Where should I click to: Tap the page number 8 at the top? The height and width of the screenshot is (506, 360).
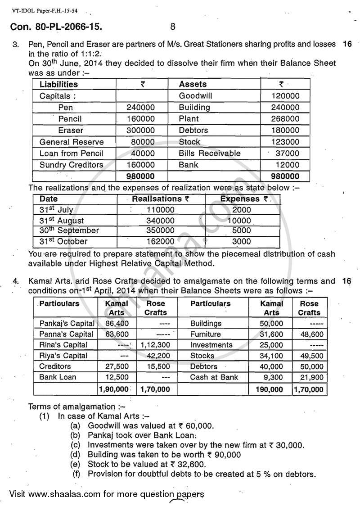pyautogui.click(x=173, y=27)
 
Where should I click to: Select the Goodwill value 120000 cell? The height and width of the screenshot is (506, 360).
pyautogui.click(x=285, y=96)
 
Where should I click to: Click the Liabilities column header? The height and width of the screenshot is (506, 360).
pyautogui.click(x=58, y=84)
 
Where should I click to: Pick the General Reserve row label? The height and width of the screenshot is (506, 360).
pyautogui.click(x=71, y=142)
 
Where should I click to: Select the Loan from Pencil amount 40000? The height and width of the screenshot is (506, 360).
pyautogui.click(x=144, y=153)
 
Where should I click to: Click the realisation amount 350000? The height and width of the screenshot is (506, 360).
pyautogui.click(x=161, y=230)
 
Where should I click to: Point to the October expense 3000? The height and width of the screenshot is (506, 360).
pyautogui.click(x=242, y=241)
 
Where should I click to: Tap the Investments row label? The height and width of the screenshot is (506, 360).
pyautogui.click(x=211, y=345)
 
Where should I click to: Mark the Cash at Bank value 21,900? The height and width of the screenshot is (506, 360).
pyautogui.click(x=310, y=377)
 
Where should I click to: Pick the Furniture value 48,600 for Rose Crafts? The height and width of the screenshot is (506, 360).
pyautogui.click(x=310, y=334)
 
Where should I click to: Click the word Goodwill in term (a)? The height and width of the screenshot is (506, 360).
pyautogui.click(x=103, y=425)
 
